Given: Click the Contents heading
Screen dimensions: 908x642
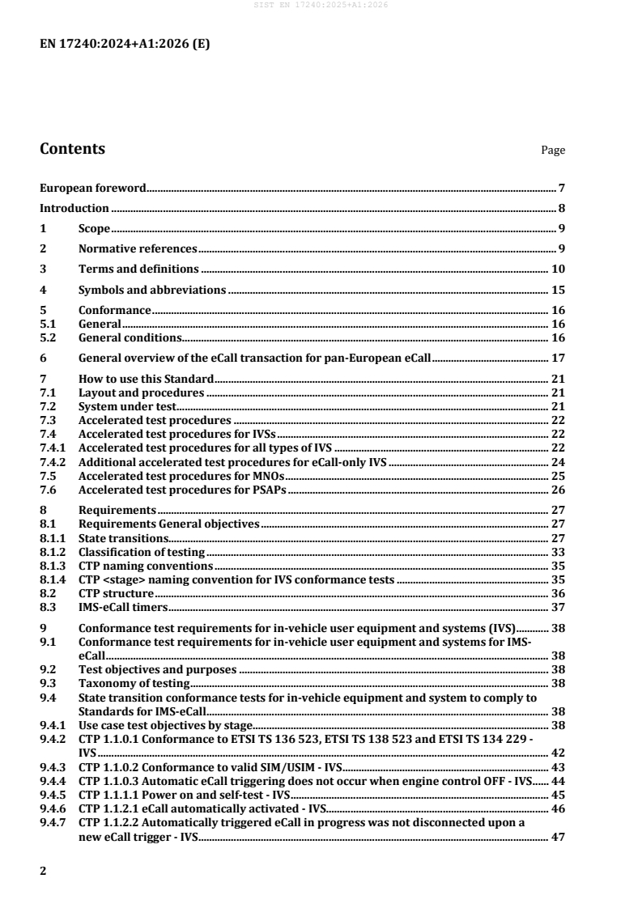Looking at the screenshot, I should (x=72, y=149).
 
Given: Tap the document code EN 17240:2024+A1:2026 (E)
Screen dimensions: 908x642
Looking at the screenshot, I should (x=125, y=45).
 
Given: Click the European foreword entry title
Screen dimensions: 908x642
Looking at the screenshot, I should (x=93, y=189).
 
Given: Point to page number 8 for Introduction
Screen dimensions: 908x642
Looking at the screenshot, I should (x=561, y=208).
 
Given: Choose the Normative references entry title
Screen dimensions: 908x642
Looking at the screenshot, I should (x=138, y=248).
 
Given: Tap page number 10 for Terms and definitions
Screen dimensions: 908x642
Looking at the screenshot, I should (x=558, y=269).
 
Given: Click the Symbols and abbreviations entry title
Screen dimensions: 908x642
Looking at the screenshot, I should (x=151, y=290).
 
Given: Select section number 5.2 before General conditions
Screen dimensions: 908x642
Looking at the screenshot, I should (x=47, y=337).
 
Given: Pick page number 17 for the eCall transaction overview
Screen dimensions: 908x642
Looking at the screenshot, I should (x=558, y=358).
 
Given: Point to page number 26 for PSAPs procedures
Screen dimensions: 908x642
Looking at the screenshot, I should (x=558, y=490).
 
